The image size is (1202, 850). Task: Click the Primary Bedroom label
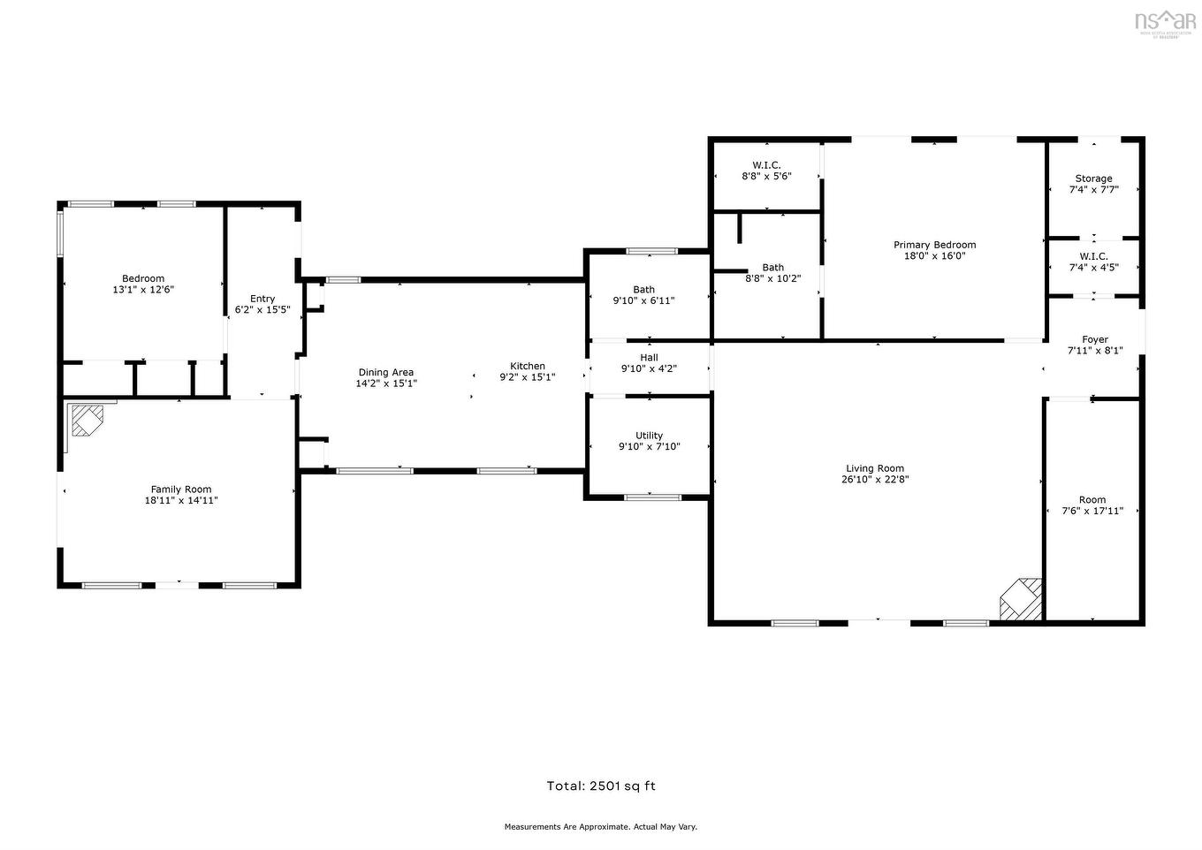click(x=934, y=245)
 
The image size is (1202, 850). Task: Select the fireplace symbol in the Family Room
click(x=87, y=420)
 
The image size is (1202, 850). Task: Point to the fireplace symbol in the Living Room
click(x=1021, y=600)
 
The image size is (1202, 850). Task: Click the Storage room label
click(x=1093, y=178)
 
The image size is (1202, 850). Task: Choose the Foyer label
click(x=1095, y=339)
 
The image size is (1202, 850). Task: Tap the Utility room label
click(x=649, y=436)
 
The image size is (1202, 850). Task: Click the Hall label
click(x=649, y=358)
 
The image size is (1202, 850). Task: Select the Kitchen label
click(x=528, y=366)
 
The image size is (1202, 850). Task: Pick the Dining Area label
click(x=385, y=372)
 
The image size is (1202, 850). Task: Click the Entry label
click(x=262, y=299)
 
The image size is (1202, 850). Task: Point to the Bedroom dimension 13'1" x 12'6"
click(x=143, y=290)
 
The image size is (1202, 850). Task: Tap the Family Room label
click(x=181, y=490)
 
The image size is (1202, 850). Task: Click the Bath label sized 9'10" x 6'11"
click(x=643, y=290)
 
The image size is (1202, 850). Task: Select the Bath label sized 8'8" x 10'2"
click(x=772, y=268)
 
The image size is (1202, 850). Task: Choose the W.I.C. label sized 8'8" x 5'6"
click(x=766, y=165)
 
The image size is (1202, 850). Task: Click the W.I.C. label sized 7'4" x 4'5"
click(x=1093, y=256)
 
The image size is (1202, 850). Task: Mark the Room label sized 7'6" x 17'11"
click(x=1092, y=499)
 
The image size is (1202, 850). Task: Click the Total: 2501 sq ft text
click(x=601, y=785)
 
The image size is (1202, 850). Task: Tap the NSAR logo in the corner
click(x=1165, y=21)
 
